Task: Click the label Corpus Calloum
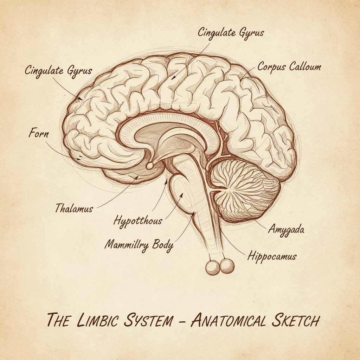tap(289, 67)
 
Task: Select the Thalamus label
tap(74, 208)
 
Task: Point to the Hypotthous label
tap(138, 221)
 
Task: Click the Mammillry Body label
tap(139, 245)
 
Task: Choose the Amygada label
tap(286, 229)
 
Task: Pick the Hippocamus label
tap(272, 256)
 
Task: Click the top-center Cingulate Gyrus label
tap(231, 33)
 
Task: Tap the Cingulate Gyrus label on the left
tap(58, 71)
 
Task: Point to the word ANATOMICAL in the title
tap(228, 320)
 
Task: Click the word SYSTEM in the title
tap(148, 320)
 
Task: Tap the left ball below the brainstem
tap(213, 268)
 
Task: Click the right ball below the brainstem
tap(227, 266)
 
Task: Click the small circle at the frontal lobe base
tap(150, 166)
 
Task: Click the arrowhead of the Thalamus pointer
tap(137, 177)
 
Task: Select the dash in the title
tap(182, 321)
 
